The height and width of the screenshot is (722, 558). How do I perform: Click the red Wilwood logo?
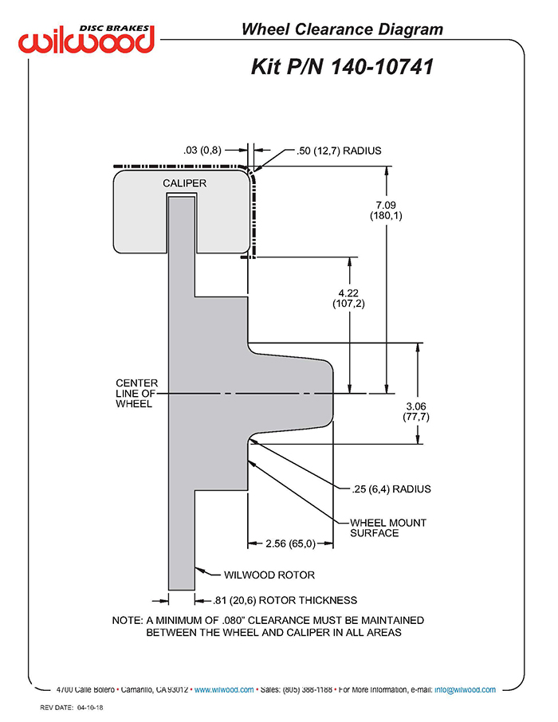(86, 39)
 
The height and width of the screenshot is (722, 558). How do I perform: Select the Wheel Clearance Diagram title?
(342, 29)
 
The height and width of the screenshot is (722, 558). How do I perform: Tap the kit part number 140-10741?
(382, 67)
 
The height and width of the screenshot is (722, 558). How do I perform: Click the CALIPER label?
(184, 183)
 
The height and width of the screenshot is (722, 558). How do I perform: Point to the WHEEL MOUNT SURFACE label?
(388, 528)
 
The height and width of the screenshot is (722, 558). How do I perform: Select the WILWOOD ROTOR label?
(269, 575)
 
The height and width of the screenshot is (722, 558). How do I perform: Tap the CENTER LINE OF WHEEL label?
(136, 393)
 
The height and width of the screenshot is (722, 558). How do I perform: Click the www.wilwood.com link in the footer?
(224, 690)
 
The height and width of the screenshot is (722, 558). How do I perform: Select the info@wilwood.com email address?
(465, 690)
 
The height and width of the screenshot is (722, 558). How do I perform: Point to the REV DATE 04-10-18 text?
(72, 708)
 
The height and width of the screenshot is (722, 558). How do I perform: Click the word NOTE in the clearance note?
(128, 621)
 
